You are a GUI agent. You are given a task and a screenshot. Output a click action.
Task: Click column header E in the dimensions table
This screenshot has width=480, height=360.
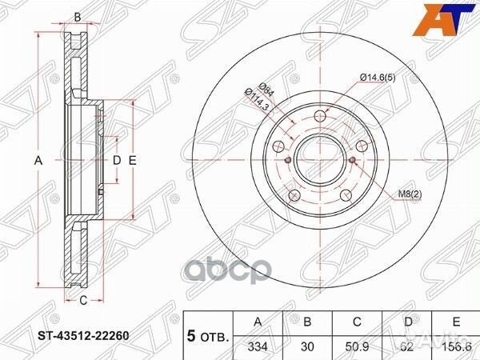click(457, 321)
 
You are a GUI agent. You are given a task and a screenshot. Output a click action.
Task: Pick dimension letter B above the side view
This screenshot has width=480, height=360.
click(78, 17)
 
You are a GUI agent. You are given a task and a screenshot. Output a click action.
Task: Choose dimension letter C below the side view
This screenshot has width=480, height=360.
click(82, 301)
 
